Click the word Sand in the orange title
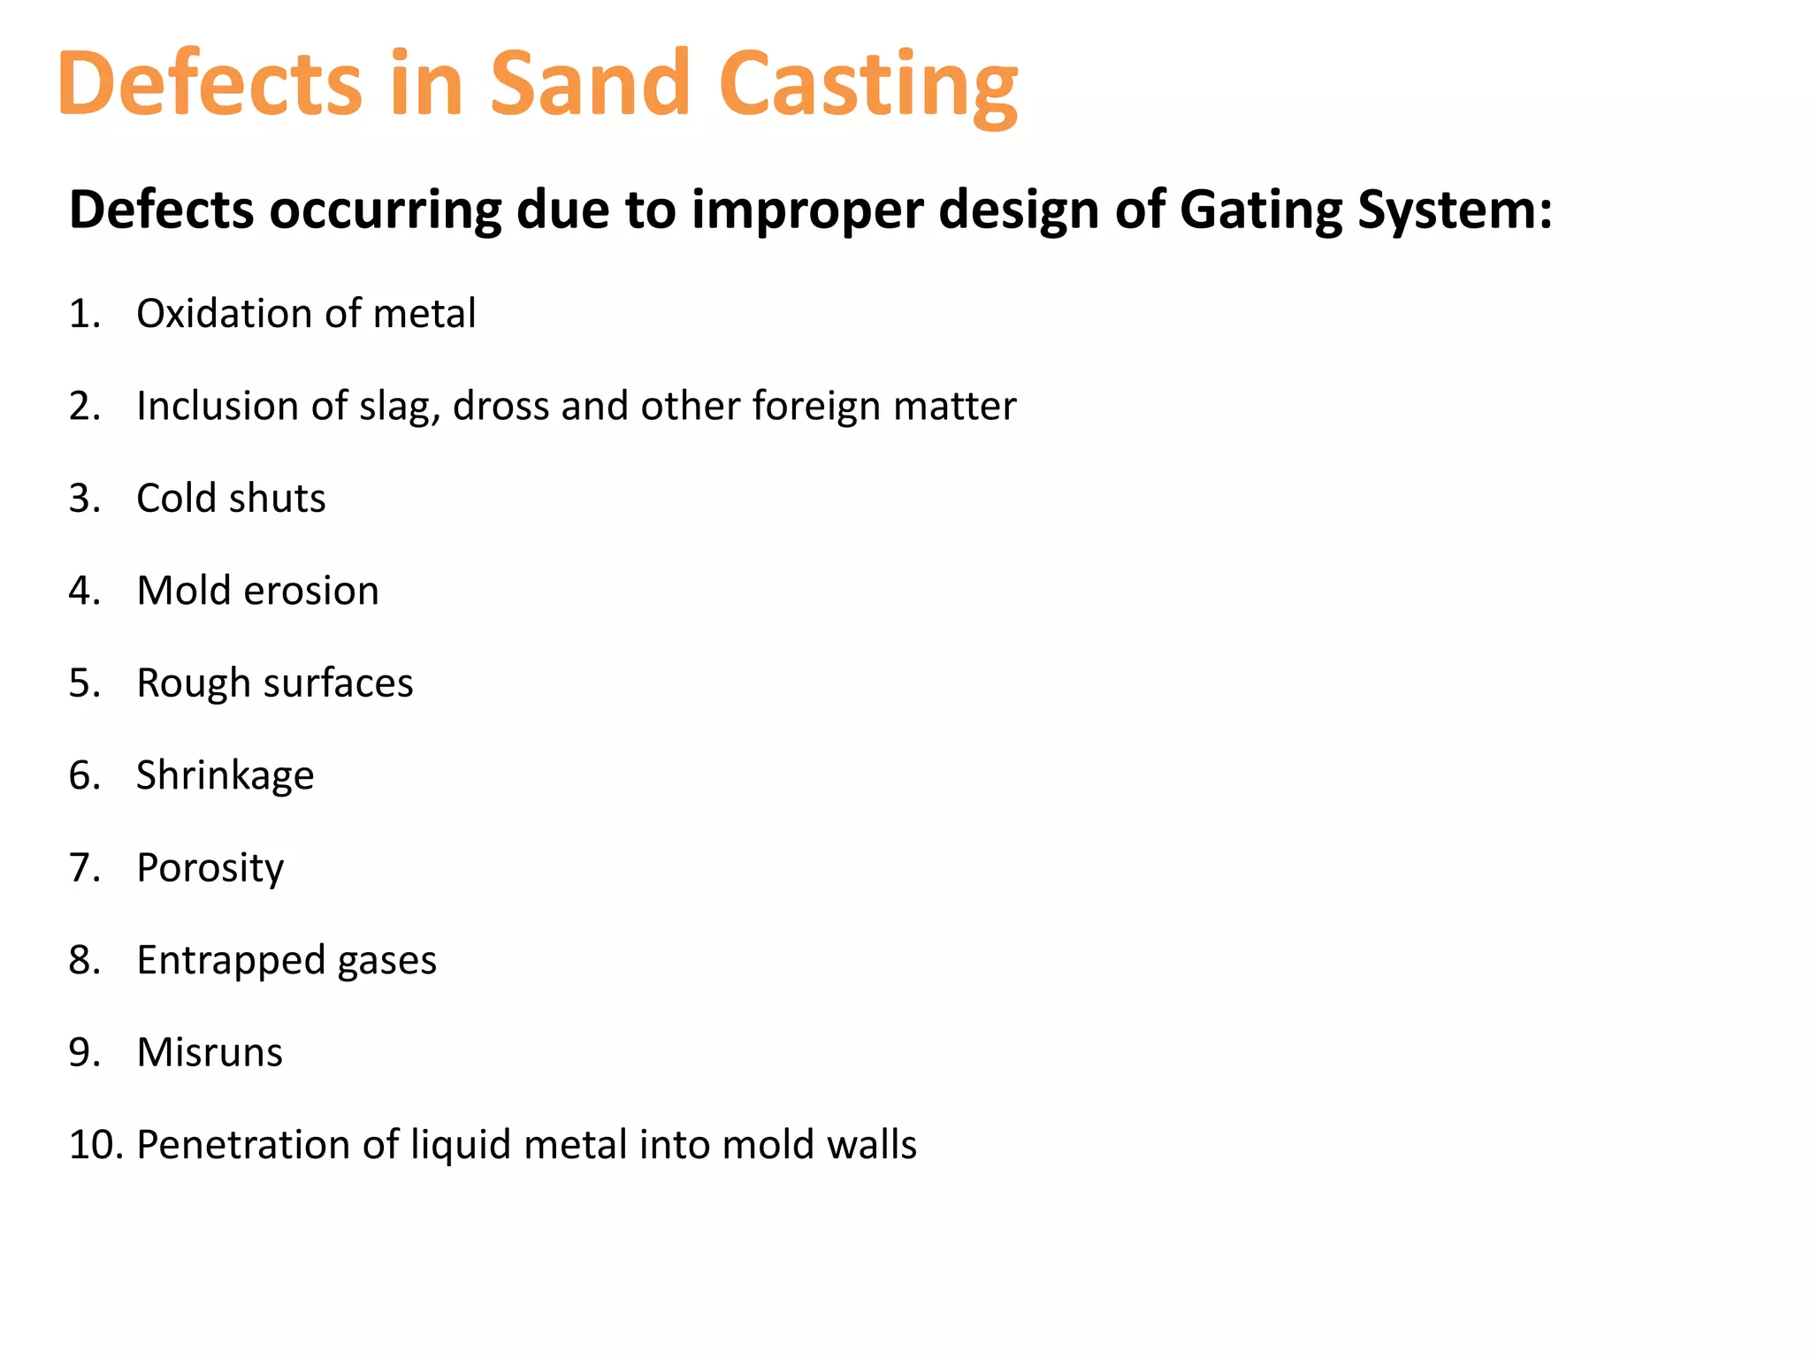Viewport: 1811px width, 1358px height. (589, 83)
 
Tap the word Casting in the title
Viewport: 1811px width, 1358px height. (867, 85)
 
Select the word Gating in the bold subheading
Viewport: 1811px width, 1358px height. (1260, 210)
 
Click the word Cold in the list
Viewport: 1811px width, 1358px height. (176, 499)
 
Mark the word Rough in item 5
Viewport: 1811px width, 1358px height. (194, 683)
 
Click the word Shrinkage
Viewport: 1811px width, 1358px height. (225, 776)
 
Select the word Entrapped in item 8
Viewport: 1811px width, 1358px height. (231, 961)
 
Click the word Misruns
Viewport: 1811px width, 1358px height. (210, 1053)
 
